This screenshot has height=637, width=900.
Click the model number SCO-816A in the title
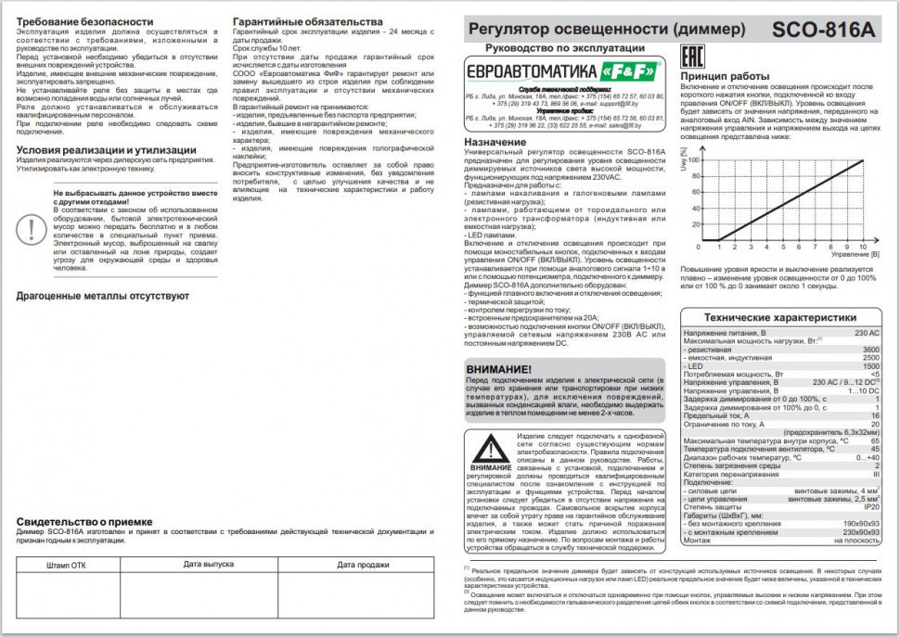click(822, 29)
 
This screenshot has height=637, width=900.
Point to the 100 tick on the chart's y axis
click(692, 160)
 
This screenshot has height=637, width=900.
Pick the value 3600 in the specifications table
click(870, 349)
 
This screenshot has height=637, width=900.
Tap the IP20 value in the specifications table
click(870, 506)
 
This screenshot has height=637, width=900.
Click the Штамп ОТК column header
click(67, 565)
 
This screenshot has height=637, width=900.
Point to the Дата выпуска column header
click(208, 564)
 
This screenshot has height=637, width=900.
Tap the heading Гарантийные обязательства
click(306, 20)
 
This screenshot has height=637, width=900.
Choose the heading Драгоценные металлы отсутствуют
click(103, 296)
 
